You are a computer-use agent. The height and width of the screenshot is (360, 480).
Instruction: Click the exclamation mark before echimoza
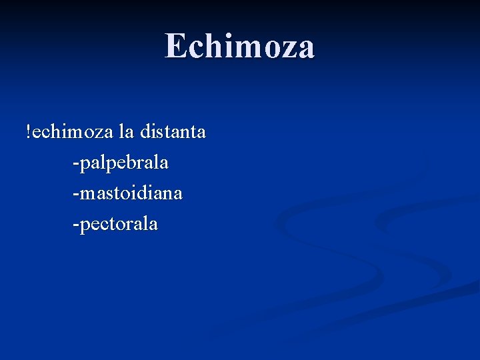click(x=28, y=131)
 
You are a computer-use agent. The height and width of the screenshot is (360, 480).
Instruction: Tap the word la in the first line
click(x=125, y=132)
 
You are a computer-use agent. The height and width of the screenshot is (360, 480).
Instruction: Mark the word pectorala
click(x=118, y=224)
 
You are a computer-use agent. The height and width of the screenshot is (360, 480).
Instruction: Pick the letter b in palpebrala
click(x=127, y=161)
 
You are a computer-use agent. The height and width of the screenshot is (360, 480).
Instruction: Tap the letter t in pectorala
click(x=119, y=224)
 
